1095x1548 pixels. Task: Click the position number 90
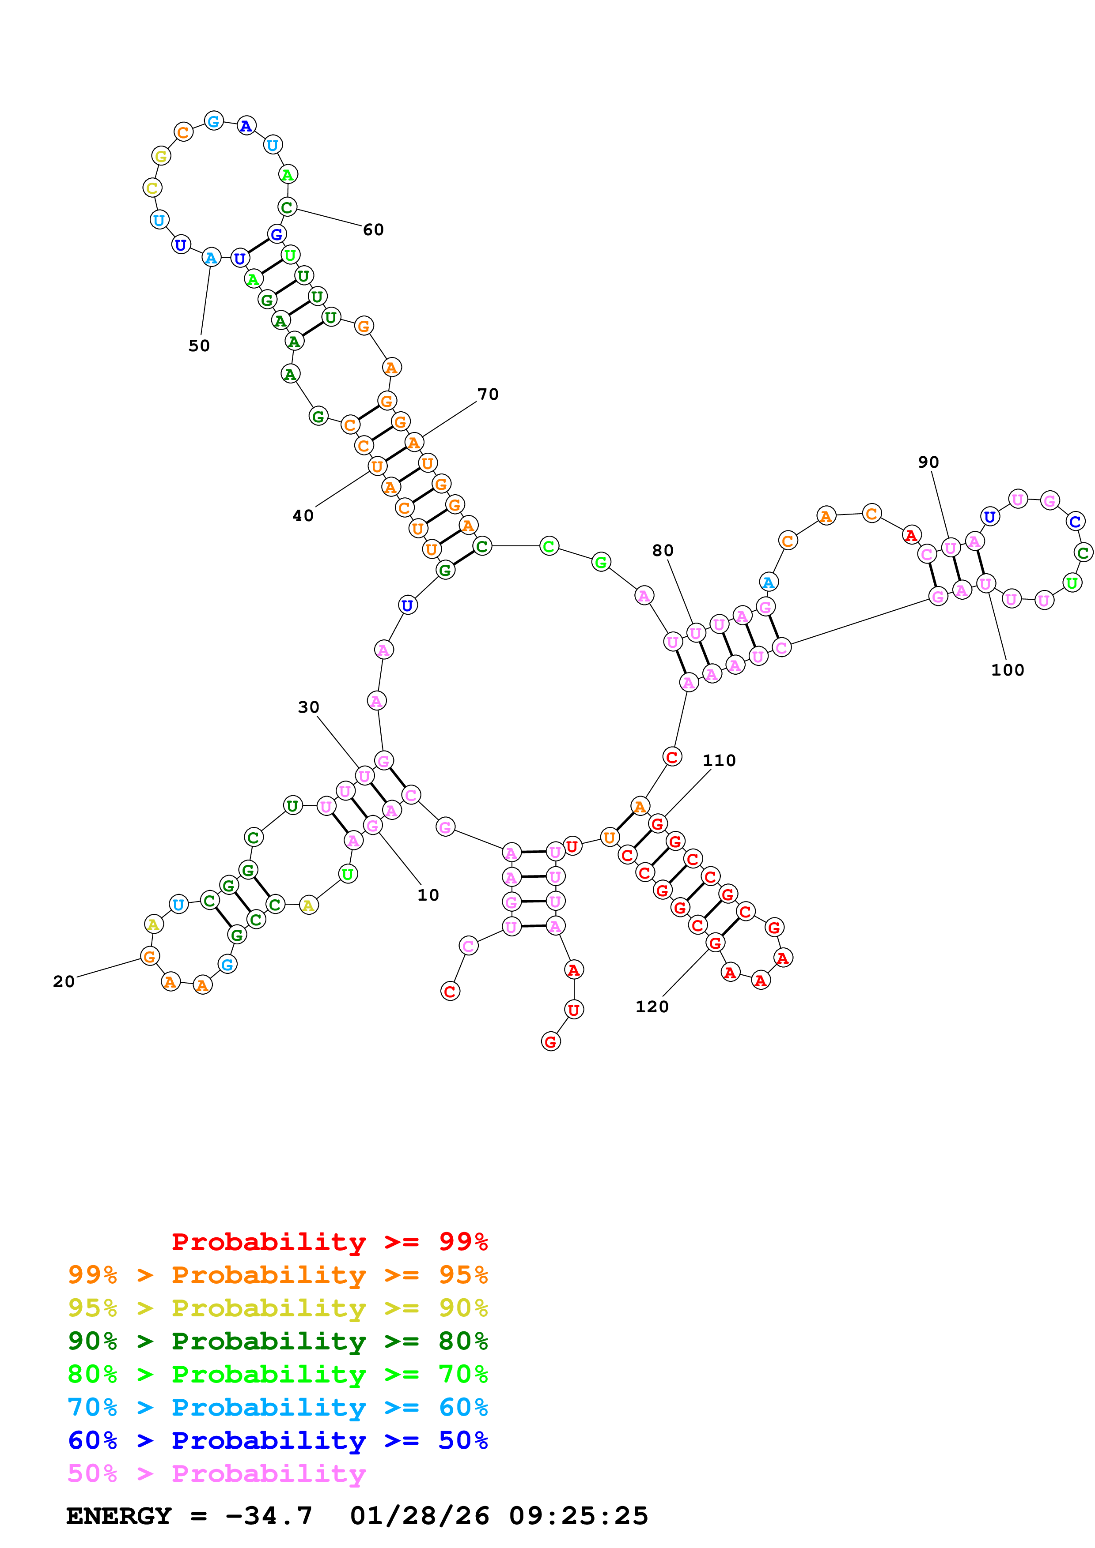pyautogui.click(x=928, y=462)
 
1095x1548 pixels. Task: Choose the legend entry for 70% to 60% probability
pyautogui.click(x=277, y=1407)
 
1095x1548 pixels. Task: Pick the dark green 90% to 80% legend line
pyautogui.click(x=277, y=1341)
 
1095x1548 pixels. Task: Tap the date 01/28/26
pyautogui.click(x=419, y=1516)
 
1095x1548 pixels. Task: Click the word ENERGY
pyautogui.click(x=119, y=1516)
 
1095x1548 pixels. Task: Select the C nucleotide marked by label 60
pyautogui.click(x=287, y=207)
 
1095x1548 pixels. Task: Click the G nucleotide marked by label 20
pyautogui.click(x=150, y=956)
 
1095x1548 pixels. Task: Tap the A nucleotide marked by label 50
pyautogui.click(x=211, y=258)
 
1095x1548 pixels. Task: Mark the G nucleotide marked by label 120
pyautogui.click(x=715, y=943)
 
